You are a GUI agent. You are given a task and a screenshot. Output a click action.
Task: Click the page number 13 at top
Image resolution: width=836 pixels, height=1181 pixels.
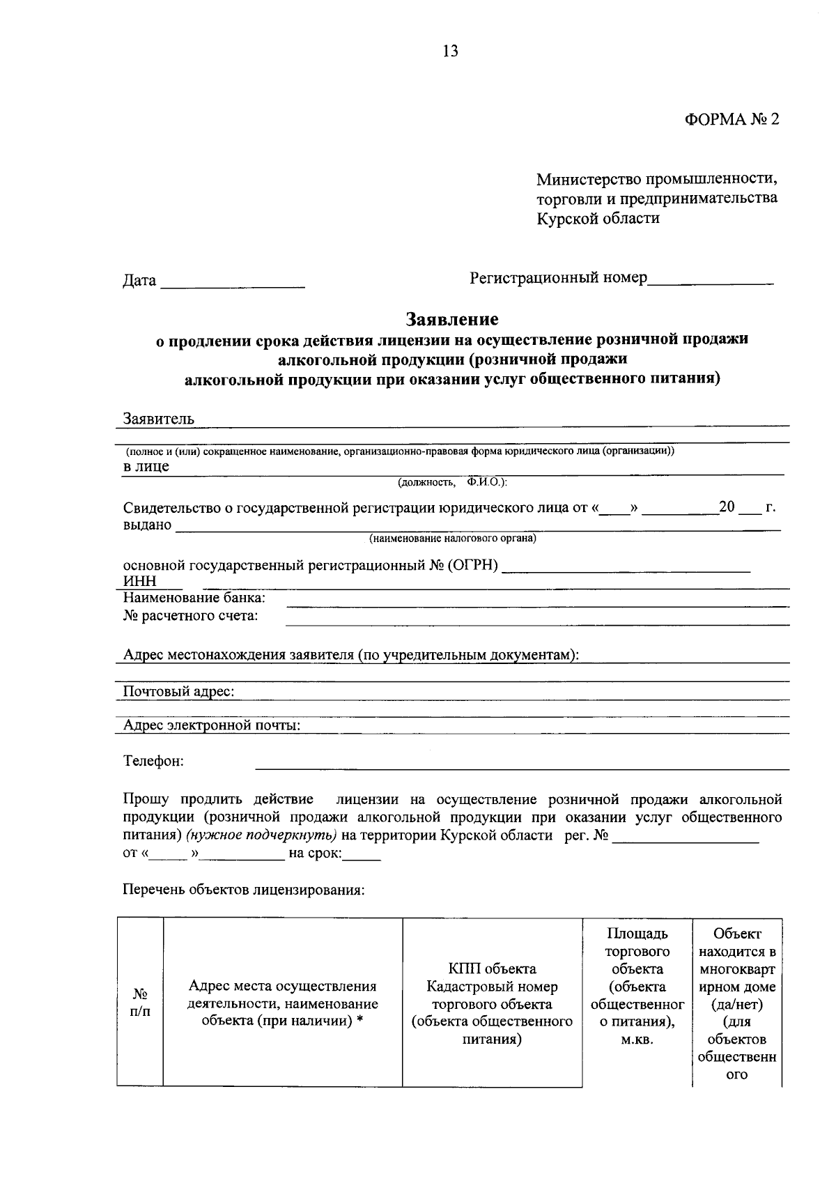pos(450,51)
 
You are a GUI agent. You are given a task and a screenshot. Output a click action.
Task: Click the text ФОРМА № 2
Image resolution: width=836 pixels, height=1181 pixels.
pos(731,119)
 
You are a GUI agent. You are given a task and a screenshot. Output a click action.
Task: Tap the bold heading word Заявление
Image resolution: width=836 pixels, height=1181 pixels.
pos(452,319)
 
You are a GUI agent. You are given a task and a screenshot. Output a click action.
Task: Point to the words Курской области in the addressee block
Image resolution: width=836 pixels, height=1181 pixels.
pos(598,218)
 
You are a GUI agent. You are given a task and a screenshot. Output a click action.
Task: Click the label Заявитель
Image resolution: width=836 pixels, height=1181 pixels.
pos(159,419)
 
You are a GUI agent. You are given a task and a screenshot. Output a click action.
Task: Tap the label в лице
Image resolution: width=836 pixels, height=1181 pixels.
pos(146,466)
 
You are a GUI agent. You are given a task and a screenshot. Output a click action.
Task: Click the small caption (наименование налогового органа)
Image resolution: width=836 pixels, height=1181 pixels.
pos(452,539)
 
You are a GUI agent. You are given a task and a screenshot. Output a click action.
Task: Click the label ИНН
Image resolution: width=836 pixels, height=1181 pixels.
pos(139,581)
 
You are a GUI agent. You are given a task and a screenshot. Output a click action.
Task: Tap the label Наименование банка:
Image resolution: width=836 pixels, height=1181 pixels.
pos(194,598)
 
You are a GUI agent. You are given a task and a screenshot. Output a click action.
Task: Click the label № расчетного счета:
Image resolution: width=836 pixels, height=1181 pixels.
pos(190,616)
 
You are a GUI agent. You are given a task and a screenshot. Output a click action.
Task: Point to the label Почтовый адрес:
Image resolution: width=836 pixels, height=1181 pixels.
pos(178,691)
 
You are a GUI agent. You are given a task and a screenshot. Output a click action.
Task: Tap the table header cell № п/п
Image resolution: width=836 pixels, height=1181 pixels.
pos(140,1003)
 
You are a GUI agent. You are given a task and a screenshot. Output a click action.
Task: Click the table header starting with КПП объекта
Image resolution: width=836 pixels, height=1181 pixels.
pos(492,1004)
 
